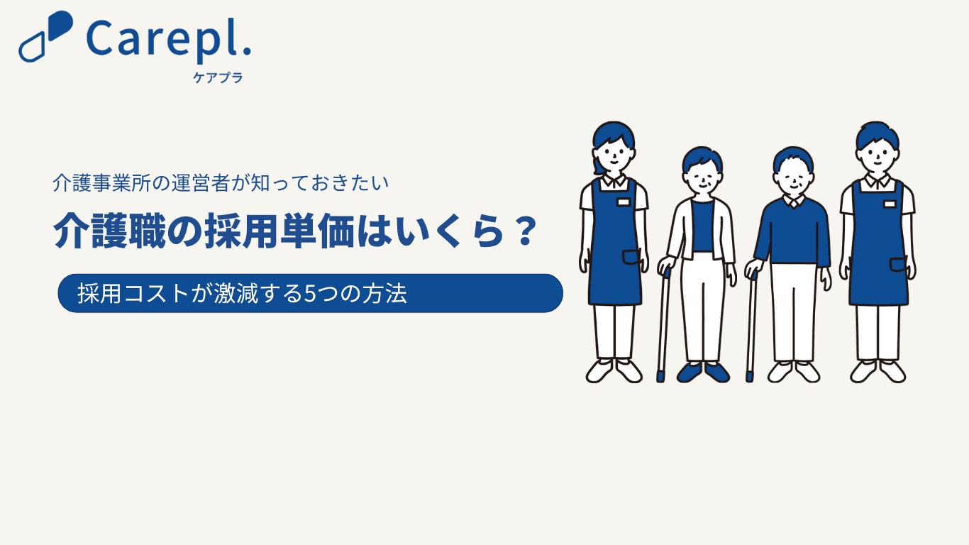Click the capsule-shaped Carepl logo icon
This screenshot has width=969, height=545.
tap(45, 36)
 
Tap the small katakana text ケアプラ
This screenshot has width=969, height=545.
tap(218, 77)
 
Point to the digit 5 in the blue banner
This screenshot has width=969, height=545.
tap(310, 294)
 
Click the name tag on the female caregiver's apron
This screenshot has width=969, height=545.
tap(624, 202)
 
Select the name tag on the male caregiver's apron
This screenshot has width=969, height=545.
tap(890, 204)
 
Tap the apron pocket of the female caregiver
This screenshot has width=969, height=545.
tap(631, 257)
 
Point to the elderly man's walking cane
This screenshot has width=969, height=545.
tap(751, 326)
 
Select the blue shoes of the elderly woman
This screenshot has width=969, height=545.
tap(703, 373)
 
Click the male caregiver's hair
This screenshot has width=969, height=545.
tap(877, 134)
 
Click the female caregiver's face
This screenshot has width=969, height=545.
tap(614, 155)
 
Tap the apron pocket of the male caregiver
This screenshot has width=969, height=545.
tap(898, 265)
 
